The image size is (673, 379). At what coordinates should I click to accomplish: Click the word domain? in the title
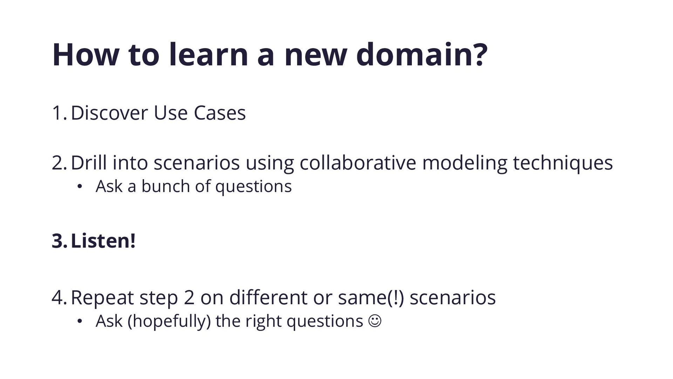point(422,54)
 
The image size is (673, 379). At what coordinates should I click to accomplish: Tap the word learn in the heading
point(209,54)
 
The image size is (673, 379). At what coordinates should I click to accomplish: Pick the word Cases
point(220,113)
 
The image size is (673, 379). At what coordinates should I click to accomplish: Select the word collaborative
point(358,162)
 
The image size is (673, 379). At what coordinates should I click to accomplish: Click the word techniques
point(563,163)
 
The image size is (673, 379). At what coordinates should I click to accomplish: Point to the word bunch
point(165,186)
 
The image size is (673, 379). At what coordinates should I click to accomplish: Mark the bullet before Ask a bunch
point(80,187)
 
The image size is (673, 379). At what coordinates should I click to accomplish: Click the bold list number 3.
point(59,241)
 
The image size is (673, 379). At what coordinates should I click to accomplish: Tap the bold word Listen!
point(103,241)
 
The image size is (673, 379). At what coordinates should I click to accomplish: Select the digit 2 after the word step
point(189,297)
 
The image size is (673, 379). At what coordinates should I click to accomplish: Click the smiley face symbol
point(375,321)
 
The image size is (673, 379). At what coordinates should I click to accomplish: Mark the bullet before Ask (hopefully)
point(80,322)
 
